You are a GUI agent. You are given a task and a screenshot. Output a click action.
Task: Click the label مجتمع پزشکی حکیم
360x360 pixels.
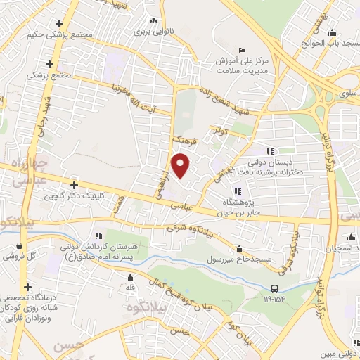pos(51,34)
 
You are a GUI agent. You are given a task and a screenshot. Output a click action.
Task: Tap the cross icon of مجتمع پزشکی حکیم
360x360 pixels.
pos(67,24)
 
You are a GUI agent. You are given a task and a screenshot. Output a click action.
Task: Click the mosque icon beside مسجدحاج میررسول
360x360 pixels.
pos(240,249)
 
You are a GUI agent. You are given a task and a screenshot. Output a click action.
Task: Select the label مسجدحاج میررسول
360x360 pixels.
pos(208,260)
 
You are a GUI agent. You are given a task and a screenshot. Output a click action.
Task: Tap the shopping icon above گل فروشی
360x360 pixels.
pos(19,247)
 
